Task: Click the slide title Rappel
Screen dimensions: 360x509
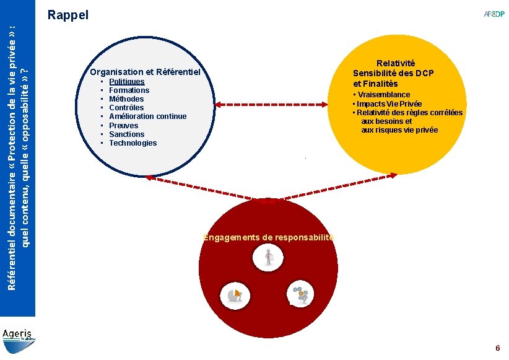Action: [68, 14]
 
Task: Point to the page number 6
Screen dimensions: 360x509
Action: [497, 348]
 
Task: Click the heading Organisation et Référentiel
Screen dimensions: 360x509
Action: [145, 72]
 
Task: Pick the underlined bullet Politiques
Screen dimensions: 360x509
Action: [126, 81]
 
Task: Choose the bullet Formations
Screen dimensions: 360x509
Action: [129, 90]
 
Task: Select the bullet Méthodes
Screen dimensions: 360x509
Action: [126, 99]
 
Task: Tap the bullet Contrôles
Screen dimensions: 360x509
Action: [126, 107]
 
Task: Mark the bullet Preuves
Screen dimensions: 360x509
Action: [123, 125]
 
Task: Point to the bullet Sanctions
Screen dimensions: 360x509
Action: [126, 134]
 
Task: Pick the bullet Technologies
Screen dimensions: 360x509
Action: [133, 143]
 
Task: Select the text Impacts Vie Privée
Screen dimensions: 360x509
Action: [389, 103]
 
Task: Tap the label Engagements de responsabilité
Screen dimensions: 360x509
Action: [268, 237]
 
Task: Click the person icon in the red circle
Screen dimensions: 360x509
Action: [269, 257]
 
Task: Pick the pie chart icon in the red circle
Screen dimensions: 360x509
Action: [236, 295]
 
